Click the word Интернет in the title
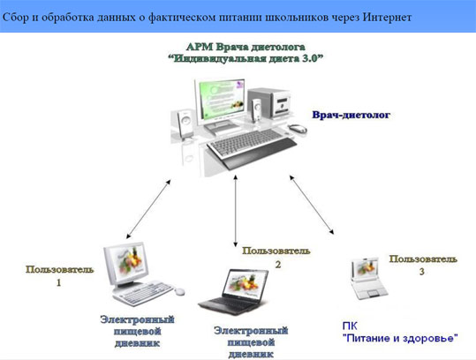(387, 17)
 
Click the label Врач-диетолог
(351, 115)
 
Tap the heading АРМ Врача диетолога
(246, 47)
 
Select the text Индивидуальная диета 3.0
(246, 58)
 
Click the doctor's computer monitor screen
(220, 99)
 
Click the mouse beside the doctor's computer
(298, 129)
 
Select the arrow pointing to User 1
(148, 208)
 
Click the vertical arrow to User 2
(235, 211)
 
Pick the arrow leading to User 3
(312, 205)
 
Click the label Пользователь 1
(59, 275)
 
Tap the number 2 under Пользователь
(278, 265)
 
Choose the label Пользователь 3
(423, 264)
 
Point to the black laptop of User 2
(234, 291)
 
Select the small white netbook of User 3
(368, 279)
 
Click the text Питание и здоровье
(400, 338)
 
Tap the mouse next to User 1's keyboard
(179, 291)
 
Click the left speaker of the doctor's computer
(185, 124)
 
